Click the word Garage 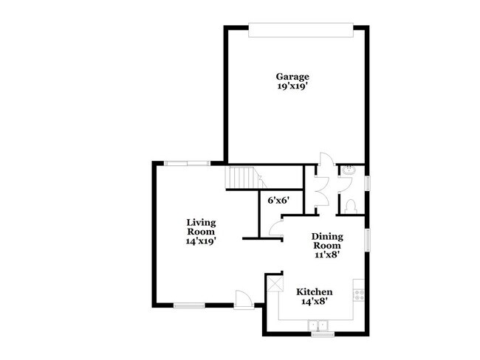[x=292, y=76]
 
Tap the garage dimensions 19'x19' [x=292, y=86]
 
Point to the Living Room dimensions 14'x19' [x=200, y=240]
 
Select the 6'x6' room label [x=277, y=200]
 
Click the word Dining [x=326, y=237]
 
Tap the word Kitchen [x=314, y=292]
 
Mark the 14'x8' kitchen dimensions [x=314, y=302]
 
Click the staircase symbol [x=242, y=178]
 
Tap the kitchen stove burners [x=359, y=293]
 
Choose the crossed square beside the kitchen [x=275, y=282]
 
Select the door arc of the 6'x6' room [x=275, y=229]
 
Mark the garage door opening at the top [x=299, y=29]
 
